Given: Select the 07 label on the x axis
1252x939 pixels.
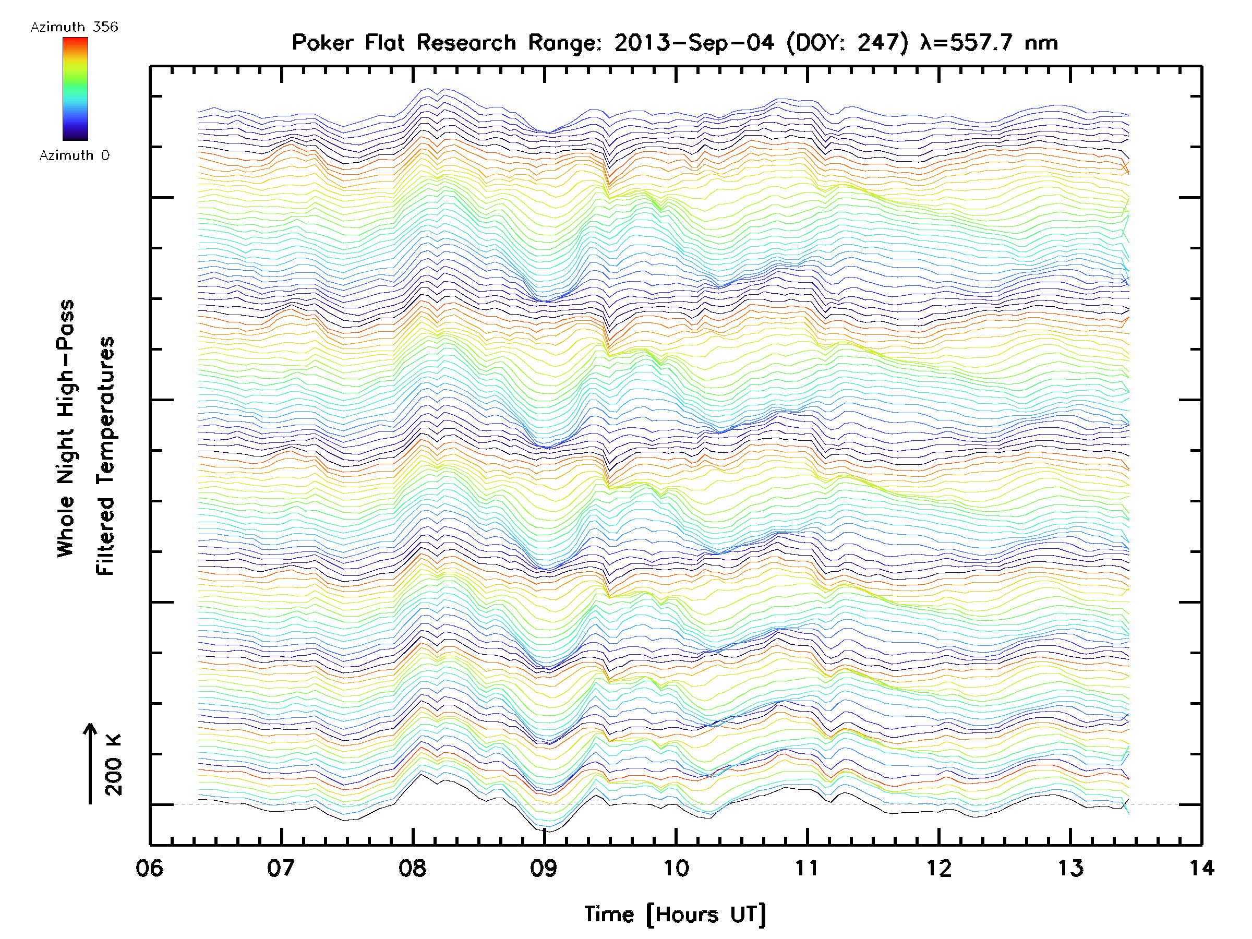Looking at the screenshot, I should click(x=281, y=868).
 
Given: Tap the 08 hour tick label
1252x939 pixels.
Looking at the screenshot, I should click(x=412, y=868).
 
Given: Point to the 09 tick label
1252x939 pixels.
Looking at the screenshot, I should click(x=544, y=868).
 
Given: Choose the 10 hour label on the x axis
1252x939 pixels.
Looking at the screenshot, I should click(x=675, y=868).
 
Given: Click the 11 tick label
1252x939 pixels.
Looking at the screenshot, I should click(x=807, y=868).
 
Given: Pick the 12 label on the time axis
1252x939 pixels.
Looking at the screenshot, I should click(x=939, y=868).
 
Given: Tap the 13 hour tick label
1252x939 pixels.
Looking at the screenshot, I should click(x=1070, y=868).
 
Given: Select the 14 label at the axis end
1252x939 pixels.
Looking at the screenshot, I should click(x=1201, y=868).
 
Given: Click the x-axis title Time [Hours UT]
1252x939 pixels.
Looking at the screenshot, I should click(x=675, y=914).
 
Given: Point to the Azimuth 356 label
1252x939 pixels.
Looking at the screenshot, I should click(x=74, y=27).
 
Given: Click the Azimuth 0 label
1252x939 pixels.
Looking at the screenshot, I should click(x=74, y=155).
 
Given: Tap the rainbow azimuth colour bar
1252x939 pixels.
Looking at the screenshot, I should click(x=75, y=89).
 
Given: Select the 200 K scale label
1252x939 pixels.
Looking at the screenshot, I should click(x=114, y=765).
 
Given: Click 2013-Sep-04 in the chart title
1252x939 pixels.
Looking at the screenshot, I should click(x=694, y=42).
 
